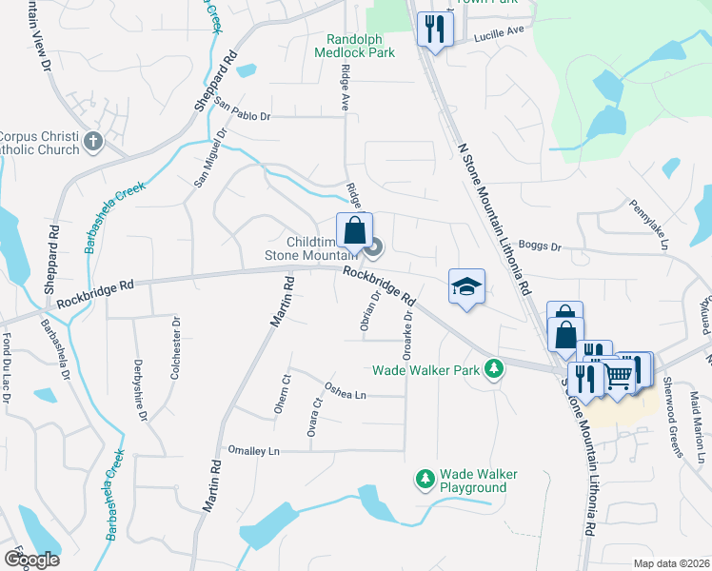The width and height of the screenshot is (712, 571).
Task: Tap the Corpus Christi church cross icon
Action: click(x=92, y=142)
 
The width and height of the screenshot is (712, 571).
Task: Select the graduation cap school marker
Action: click(x=467, y=285)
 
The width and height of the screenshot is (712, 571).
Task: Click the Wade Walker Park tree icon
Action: click(x=493, y=368)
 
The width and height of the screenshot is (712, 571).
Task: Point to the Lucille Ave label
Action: click(x=500, y=31)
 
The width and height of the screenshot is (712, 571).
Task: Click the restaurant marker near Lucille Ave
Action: click(x=434, y=27)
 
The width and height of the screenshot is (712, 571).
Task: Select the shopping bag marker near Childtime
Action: click(x=354, y=229)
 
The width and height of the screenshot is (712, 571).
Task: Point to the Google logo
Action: click(x=31, y=560)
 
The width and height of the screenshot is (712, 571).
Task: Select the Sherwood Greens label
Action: click(x=674, y=408)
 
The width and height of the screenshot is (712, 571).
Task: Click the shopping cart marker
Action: click(x=619, y=379)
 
